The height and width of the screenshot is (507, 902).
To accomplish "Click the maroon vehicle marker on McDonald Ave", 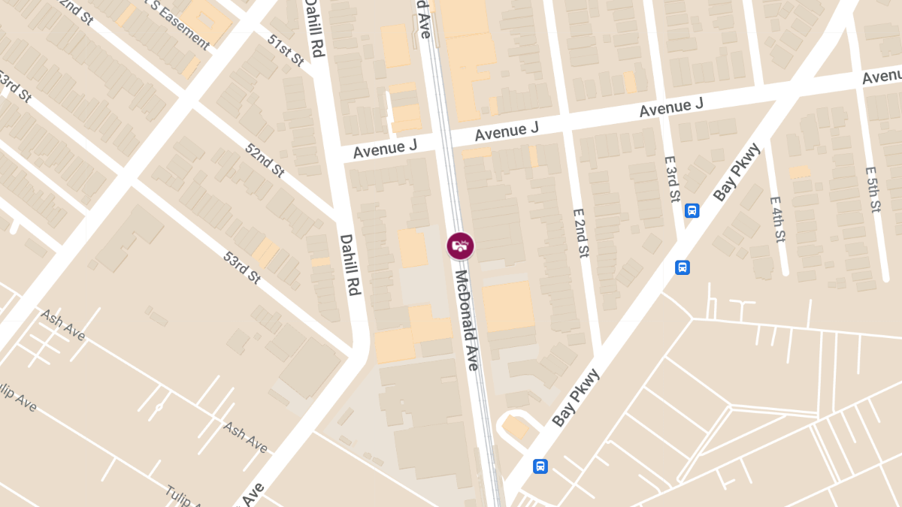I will (460, 246).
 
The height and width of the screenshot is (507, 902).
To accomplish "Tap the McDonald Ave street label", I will (466, 320).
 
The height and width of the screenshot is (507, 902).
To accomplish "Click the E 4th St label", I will (777, 219).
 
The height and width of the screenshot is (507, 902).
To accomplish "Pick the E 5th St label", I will (873, 190).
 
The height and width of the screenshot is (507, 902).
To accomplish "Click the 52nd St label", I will (264, 159).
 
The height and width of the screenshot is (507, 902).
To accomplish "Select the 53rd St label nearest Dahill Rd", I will (242, 267).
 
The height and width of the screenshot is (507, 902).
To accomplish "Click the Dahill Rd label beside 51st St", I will (314, 28).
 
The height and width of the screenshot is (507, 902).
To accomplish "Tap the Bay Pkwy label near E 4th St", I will (737, 172).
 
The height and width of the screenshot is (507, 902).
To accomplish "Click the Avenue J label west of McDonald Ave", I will (385, 149).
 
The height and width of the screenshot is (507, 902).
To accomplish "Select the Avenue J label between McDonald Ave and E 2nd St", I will (506, 131).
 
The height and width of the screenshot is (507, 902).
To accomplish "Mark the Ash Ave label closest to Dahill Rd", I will (245, 436).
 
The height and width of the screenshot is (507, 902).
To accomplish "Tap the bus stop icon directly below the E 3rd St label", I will (692, 211).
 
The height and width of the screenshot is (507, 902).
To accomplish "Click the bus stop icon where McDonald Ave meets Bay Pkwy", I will (540, 466).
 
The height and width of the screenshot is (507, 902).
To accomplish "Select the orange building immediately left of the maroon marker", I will (412, 248).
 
